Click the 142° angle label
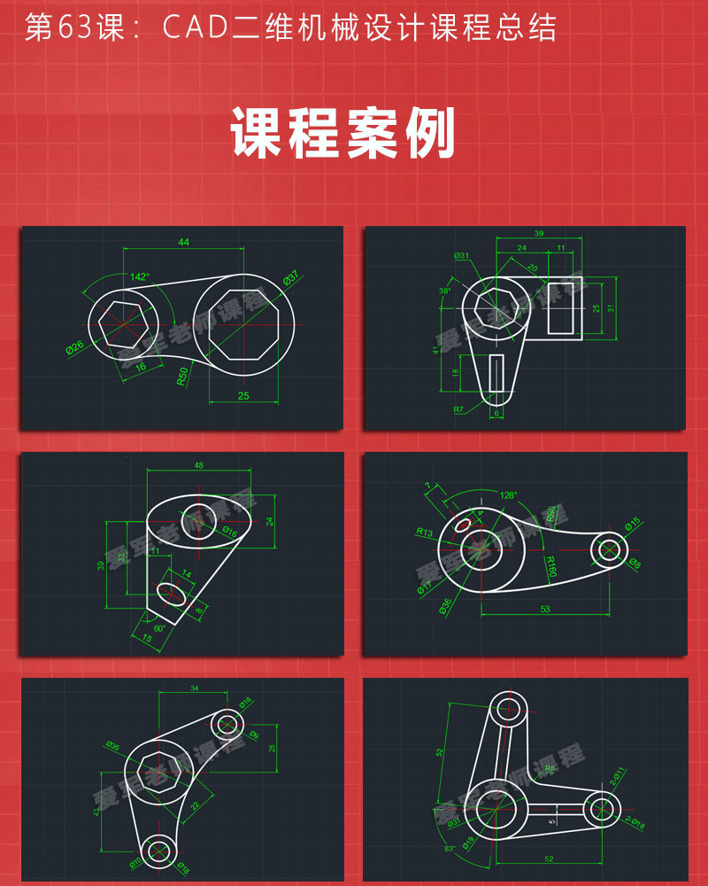pos(140,277)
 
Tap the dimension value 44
pos(183,242)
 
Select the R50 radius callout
pos(182,376)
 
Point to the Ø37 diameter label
pos(292,277)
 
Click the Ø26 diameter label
pos(74,346)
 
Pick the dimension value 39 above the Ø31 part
pos(540,234)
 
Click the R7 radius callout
pos(458,409)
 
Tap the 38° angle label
pos(444,291)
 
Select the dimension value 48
pos(198,465)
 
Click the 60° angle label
pos(159,627)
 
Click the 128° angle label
pos(507,495)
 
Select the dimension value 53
pos(544,609)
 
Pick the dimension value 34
pos(194,688)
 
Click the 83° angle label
pos(450,848)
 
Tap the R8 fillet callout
pos(550,769)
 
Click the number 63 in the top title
pos(73,28)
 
